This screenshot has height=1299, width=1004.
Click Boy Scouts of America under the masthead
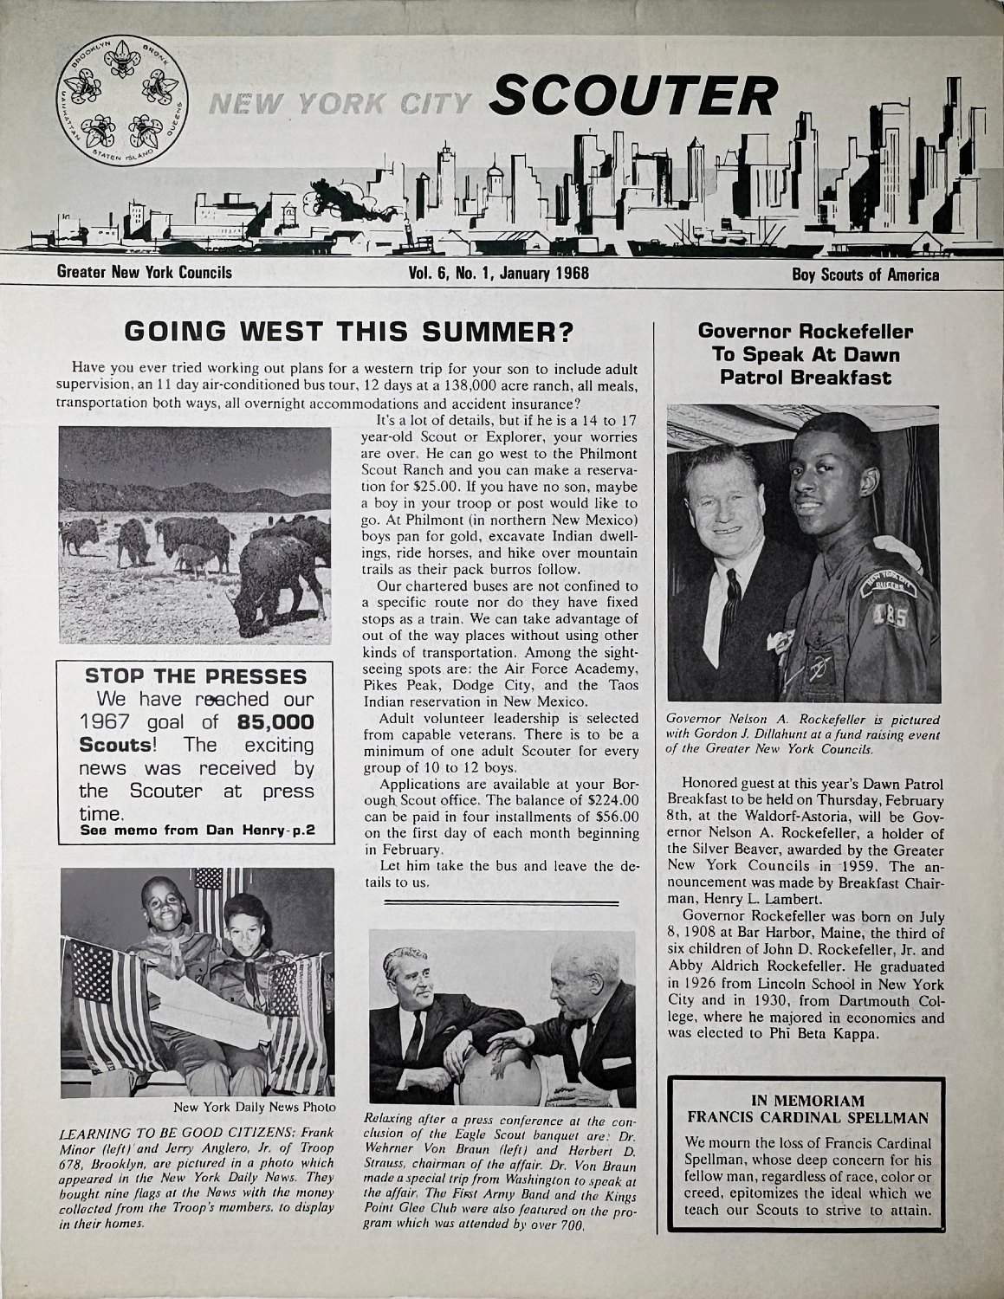pos(865,275)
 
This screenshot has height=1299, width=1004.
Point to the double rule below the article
pos(502,903)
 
